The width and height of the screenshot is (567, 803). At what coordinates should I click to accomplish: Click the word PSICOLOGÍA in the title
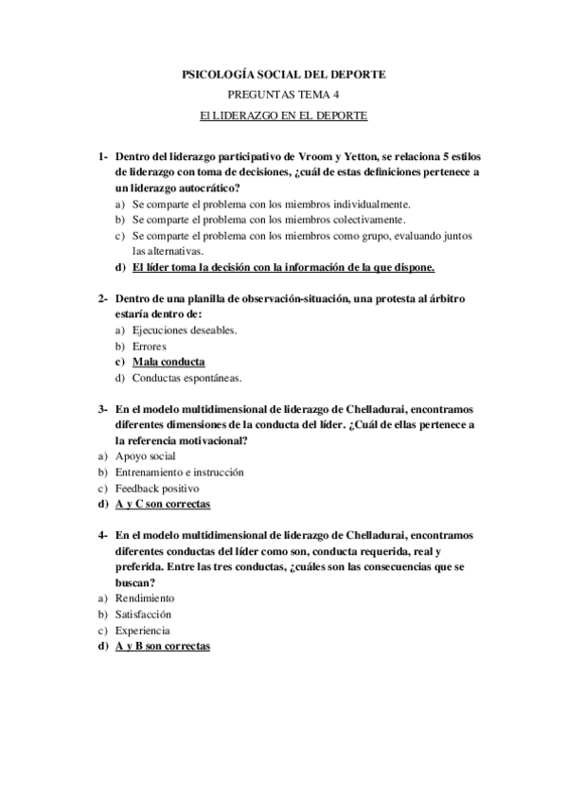217,74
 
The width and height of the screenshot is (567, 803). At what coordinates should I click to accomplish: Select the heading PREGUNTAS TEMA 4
283,95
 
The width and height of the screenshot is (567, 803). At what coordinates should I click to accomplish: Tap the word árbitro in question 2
445,298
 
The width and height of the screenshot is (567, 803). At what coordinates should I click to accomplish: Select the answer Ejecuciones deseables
185,330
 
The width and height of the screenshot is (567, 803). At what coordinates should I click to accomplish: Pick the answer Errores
150,346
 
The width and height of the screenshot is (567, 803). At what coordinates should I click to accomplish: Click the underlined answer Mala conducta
168,362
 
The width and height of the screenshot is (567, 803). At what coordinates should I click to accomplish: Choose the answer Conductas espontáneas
186,378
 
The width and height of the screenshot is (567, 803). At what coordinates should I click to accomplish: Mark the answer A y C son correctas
162,504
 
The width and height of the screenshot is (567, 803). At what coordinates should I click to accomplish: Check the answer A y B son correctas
162,646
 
